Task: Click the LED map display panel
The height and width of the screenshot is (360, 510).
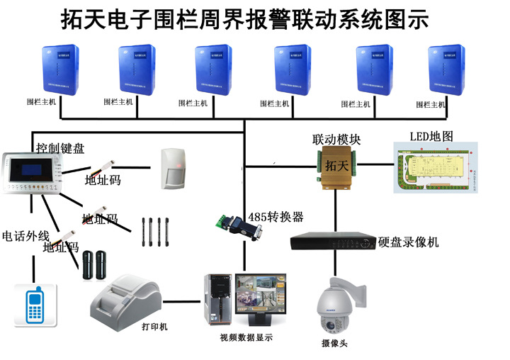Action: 435,167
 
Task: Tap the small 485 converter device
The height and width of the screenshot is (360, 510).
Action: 238,227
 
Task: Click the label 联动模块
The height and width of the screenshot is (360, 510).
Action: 336,140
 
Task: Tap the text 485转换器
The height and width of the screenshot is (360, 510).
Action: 276,216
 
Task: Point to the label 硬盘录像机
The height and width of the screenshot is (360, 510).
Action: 409,242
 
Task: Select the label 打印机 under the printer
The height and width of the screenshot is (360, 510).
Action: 154,327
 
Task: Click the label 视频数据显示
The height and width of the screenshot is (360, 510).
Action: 246,337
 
